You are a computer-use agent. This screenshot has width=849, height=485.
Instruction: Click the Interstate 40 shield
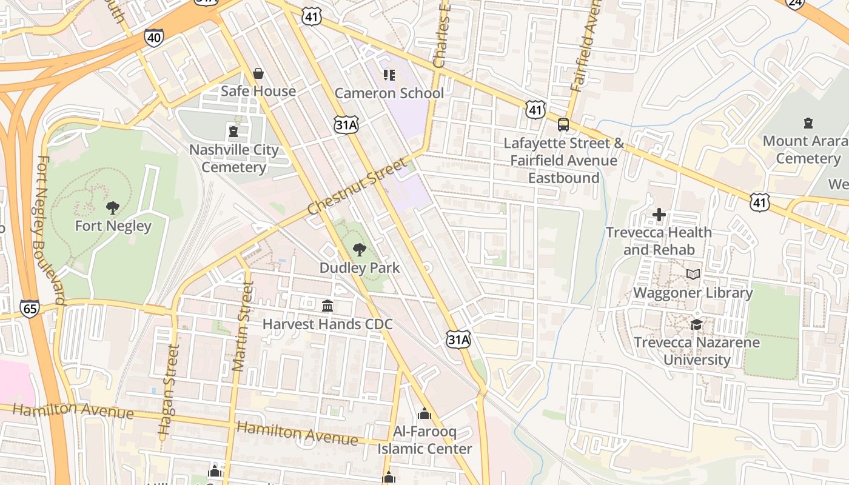[154, 38]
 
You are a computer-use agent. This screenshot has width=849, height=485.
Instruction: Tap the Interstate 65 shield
[29, 308]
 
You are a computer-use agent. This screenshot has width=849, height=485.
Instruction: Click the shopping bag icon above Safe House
[258, 73]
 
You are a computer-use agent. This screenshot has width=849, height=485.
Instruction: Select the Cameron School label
[389, 93]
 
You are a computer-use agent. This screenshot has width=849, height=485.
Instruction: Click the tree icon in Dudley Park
[360, 249]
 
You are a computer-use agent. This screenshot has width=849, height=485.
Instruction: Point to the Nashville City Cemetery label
[234, 158]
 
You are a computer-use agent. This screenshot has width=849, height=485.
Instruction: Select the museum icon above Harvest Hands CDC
[327, 306]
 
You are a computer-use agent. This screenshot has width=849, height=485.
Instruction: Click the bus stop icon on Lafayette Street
[563, 125]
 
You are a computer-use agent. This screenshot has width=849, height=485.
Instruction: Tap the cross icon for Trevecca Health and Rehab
[659, 215]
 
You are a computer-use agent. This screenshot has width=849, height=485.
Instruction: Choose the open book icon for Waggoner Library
[693, 275]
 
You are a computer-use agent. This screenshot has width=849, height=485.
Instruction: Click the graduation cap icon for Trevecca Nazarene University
[696, 324]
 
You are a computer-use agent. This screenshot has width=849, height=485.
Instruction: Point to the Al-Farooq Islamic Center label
[424, 441]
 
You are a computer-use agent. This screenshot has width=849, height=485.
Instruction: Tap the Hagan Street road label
[169, 392]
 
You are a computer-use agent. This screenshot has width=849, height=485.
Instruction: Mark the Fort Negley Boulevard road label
[50, 230]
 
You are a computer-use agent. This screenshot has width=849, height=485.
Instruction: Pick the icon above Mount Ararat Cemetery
[808, 123]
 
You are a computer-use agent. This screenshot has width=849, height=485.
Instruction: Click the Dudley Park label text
[360, 268]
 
